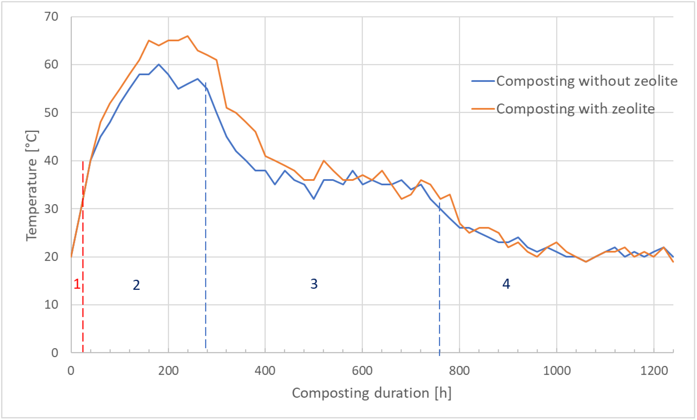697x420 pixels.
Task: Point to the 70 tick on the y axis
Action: click(52, 17)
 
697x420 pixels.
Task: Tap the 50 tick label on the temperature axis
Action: click(52, 113)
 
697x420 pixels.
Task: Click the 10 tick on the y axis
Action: click(52, 305)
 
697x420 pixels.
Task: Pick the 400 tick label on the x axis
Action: click(265, 370)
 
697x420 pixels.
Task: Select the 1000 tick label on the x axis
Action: click(556, 370)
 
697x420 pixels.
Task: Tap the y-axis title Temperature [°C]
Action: click(32, 185)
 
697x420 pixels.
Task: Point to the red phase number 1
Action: click(77, 284)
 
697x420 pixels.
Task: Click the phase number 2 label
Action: click(136, 285)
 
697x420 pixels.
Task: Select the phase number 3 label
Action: click(314, 284)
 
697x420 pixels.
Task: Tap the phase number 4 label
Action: click(506, 284)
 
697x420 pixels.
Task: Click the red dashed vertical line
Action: click(83, 311)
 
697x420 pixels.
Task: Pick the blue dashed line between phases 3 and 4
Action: click(439, 283)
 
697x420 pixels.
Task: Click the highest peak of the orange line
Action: click(188, 36)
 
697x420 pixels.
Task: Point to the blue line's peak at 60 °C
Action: click(159, 64)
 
